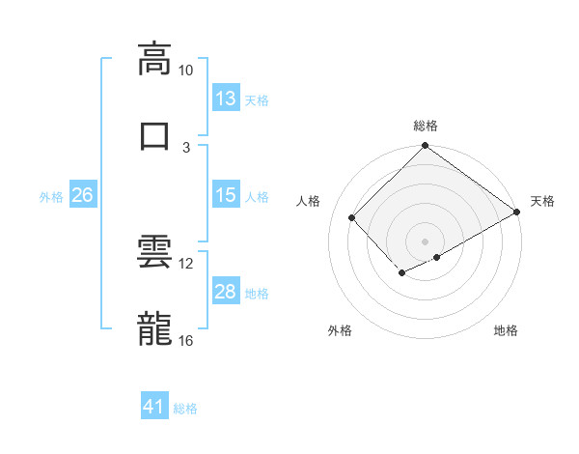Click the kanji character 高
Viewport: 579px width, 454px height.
click(x=154, y=60)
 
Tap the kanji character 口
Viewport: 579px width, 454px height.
click(x=154, y=134)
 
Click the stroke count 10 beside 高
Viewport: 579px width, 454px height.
click(x=185, y=71)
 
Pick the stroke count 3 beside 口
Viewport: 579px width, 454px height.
click(x=185, y=146)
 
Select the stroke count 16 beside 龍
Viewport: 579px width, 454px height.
click(x=185, y=340)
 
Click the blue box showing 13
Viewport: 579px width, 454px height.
click(x=226, y=99)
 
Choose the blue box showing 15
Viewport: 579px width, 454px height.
click(x=226, y=195)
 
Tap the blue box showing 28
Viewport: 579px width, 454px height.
click(x=226, y=293)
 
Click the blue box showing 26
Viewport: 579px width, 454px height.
click(x=83, y=195)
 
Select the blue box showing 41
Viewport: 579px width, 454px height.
click(x=154, y=407)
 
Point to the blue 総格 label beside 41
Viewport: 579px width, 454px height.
click(x=185, y=409)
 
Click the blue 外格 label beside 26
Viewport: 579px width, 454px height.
click(x=51, y=197)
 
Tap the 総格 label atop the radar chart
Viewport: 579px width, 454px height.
click(x=426, y=126)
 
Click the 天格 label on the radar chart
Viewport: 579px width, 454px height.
click(x=542, y=201)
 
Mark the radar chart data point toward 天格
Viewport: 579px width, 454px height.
click(x=518, y=213)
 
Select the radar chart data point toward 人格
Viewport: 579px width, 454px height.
click(x=352, y=218)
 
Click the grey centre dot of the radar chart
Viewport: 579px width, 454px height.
click(x=425, y=241)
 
